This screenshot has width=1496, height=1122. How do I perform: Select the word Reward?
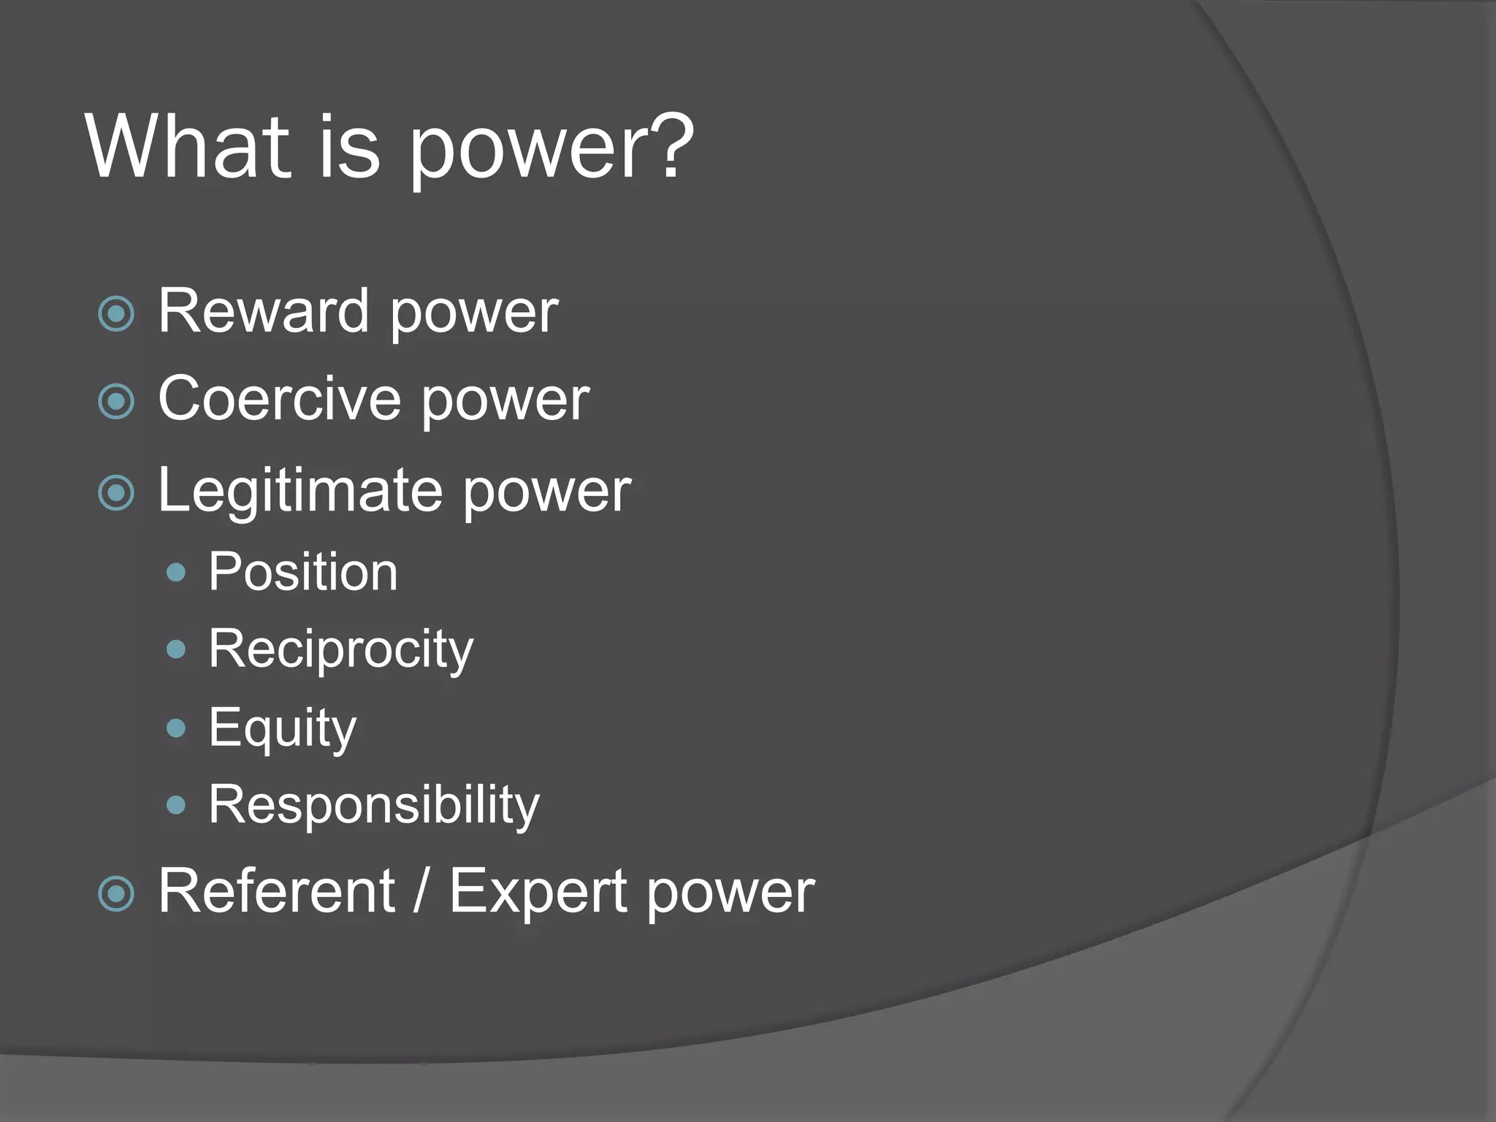tap(263, 312)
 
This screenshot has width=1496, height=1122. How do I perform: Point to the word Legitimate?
tap(299, 491)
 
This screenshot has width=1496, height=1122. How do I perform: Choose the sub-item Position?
tap(303, 572)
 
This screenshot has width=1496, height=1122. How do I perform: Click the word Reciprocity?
tap(340, 649)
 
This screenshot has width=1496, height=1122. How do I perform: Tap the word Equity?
tap(283, 728)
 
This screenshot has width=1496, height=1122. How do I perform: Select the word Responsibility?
tap(373, 805)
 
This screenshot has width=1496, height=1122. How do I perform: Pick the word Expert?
tap(538, 893)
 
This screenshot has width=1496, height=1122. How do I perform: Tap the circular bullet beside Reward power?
tap(116, 314)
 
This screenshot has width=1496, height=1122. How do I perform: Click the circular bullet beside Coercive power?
tap(116, 401)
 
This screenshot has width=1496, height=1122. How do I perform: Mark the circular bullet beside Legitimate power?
tap(116, 493)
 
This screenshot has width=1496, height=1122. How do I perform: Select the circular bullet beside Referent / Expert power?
tap(116, 894)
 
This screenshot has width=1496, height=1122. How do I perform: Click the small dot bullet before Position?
tap(176, 572)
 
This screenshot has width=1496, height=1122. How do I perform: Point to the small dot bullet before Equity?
tap(176, 728)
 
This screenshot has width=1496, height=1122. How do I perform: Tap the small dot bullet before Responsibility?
tap(176, 805)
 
